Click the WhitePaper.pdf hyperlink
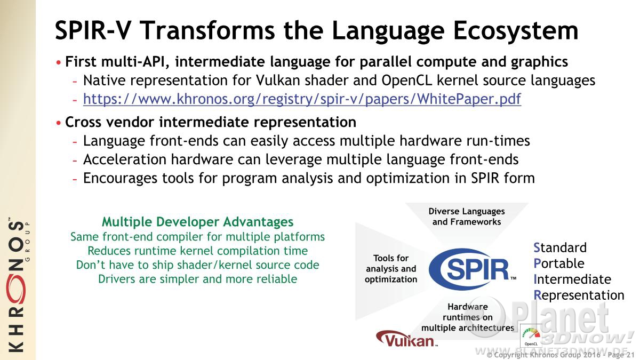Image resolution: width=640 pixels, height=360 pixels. (302, 99)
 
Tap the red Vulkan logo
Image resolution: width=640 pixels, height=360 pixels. (406, 339)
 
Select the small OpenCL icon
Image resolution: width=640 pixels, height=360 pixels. (531, 335)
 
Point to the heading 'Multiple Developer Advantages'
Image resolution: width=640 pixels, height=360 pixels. (198, 222)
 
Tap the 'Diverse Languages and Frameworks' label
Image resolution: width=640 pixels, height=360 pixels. (467, 217)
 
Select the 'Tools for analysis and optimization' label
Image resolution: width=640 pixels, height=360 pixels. (391, 269)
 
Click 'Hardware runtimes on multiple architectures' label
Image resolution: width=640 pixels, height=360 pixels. (468, 317)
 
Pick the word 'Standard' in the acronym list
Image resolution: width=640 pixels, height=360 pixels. (560, 247)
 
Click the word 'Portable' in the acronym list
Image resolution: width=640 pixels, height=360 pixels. (559, 263)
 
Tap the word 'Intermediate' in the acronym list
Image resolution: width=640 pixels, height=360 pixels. (572, 279)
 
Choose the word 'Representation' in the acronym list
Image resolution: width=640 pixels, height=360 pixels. (579, 295)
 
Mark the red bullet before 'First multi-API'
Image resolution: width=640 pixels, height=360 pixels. (59, 62)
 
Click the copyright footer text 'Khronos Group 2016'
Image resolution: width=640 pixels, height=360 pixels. (561, 355)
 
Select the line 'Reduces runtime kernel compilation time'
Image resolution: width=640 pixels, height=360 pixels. (198, 251)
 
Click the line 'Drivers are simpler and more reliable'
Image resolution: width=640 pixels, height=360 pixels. (198, 279)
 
